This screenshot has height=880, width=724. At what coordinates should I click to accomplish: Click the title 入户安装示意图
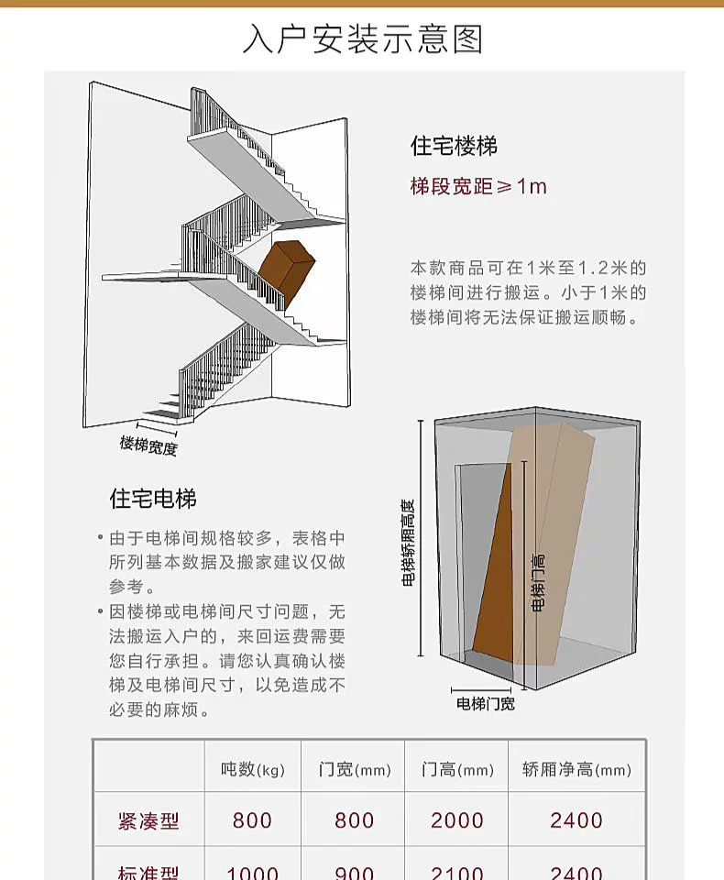[x=362, y=39]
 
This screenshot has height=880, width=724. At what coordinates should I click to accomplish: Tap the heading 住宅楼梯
[x=454, y=147]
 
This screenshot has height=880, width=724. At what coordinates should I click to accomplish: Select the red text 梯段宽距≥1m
[x=477, y=187]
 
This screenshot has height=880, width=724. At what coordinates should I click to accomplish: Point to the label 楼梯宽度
[x=148, y=445]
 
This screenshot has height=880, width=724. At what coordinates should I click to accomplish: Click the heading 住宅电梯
[x=153, y=499]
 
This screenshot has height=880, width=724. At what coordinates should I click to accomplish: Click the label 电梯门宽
[x=485, y=704]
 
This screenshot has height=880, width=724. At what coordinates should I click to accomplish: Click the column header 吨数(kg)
[x=252, y=770]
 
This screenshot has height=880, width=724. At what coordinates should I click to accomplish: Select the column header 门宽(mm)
[x=355, y=770]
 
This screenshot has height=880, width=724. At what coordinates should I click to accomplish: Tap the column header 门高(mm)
[x=457, y=770]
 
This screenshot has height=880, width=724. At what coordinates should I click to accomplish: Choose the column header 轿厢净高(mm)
[x=576, y=770]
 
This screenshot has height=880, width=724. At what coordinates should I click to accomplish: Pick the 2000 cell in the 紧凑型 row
[x=457, y=820]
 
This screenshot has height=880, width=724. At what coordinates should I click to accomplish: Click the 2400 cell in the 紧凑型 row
[x=576, y=820]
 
